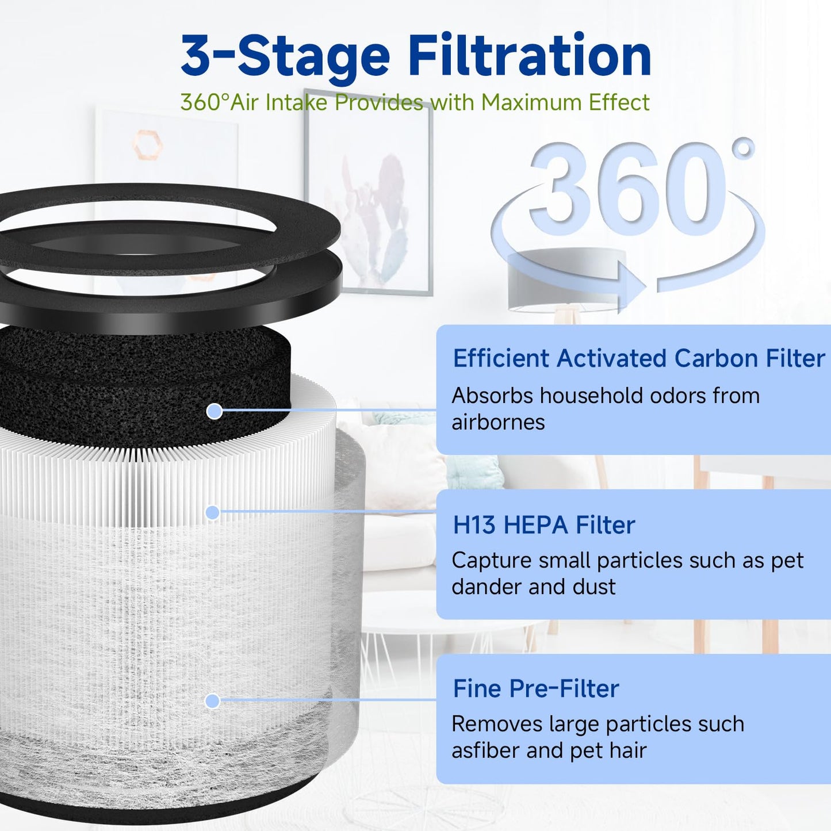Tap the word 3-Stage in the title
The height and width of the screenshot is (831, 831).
pyautogui.click(x=286, y=56)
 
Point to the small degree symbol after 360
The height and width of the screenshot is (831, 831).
pyautogui.click(x=744, y=148)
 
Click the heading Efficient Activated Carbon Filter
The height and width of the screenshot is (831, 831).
pyautogui.click(x=638, y=358)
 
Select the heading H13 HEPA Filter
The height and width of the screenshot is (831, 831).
pyautogui.click(x=543, y=525)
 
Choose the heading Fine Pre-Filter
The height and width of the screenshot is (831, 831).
pyautogui.click(x=535, y=688)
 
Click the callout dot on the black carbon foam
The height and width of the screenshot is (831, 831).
pyautogui.click(x=215, y=411)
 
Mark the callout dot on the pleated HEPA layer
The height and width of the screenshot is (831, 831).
pyautogui.click(x=213, y=512)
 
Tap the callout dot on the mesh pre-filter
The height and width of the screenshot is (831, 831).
pyautogui.click(x=213, y=700)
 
